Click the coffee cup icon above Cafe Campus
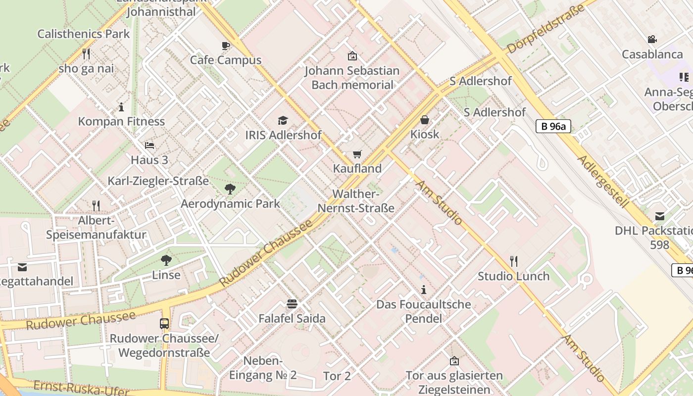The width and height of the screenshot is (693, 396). (x=226, y=46)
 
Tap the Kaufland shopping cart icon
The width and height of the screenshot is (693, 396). (x=357, y=154)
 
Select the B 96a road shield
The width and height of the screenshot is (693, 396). (x=553, y=126)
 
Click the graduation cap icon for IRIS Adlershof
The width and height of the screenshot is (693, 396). (x=283, y=120)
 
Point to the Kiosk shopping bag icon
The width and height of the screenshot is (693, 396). (x=424, y=120)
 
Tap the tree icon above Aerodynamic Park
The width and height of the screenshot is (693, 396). (x=230, y=189)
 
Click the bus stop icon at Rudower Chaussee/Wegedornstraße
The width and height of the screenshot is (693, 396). (x=164, y=324)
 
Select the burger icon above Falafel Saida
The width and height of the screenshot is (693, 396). (x=292, y=303)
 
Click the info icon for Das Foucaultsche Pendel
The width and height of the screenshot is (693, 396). (x=423, y=290)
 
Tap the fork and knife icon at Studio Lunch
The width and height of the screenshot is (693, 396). (x=513, y=261)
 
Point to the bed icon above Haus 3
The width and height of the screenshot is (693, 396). (x=149, y=145)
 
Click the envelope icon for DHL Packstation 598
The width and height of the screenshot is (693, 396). (x=659, y=216)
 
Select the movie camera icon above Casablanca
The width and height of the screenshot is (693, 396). (x=652, y=39)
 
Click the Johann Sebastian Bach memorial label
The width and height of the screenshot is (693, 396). (x=352, y=78)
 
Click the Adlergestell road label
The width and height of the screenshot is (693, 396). (x=603, y=182)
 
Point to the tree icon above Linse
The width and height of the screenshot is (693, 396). (x=166, y=260)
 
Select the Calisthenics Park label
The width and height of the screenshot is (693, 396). (x=84, y=34)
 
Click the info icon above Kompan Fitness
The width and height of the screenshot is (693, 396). (x=121, y=106)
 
